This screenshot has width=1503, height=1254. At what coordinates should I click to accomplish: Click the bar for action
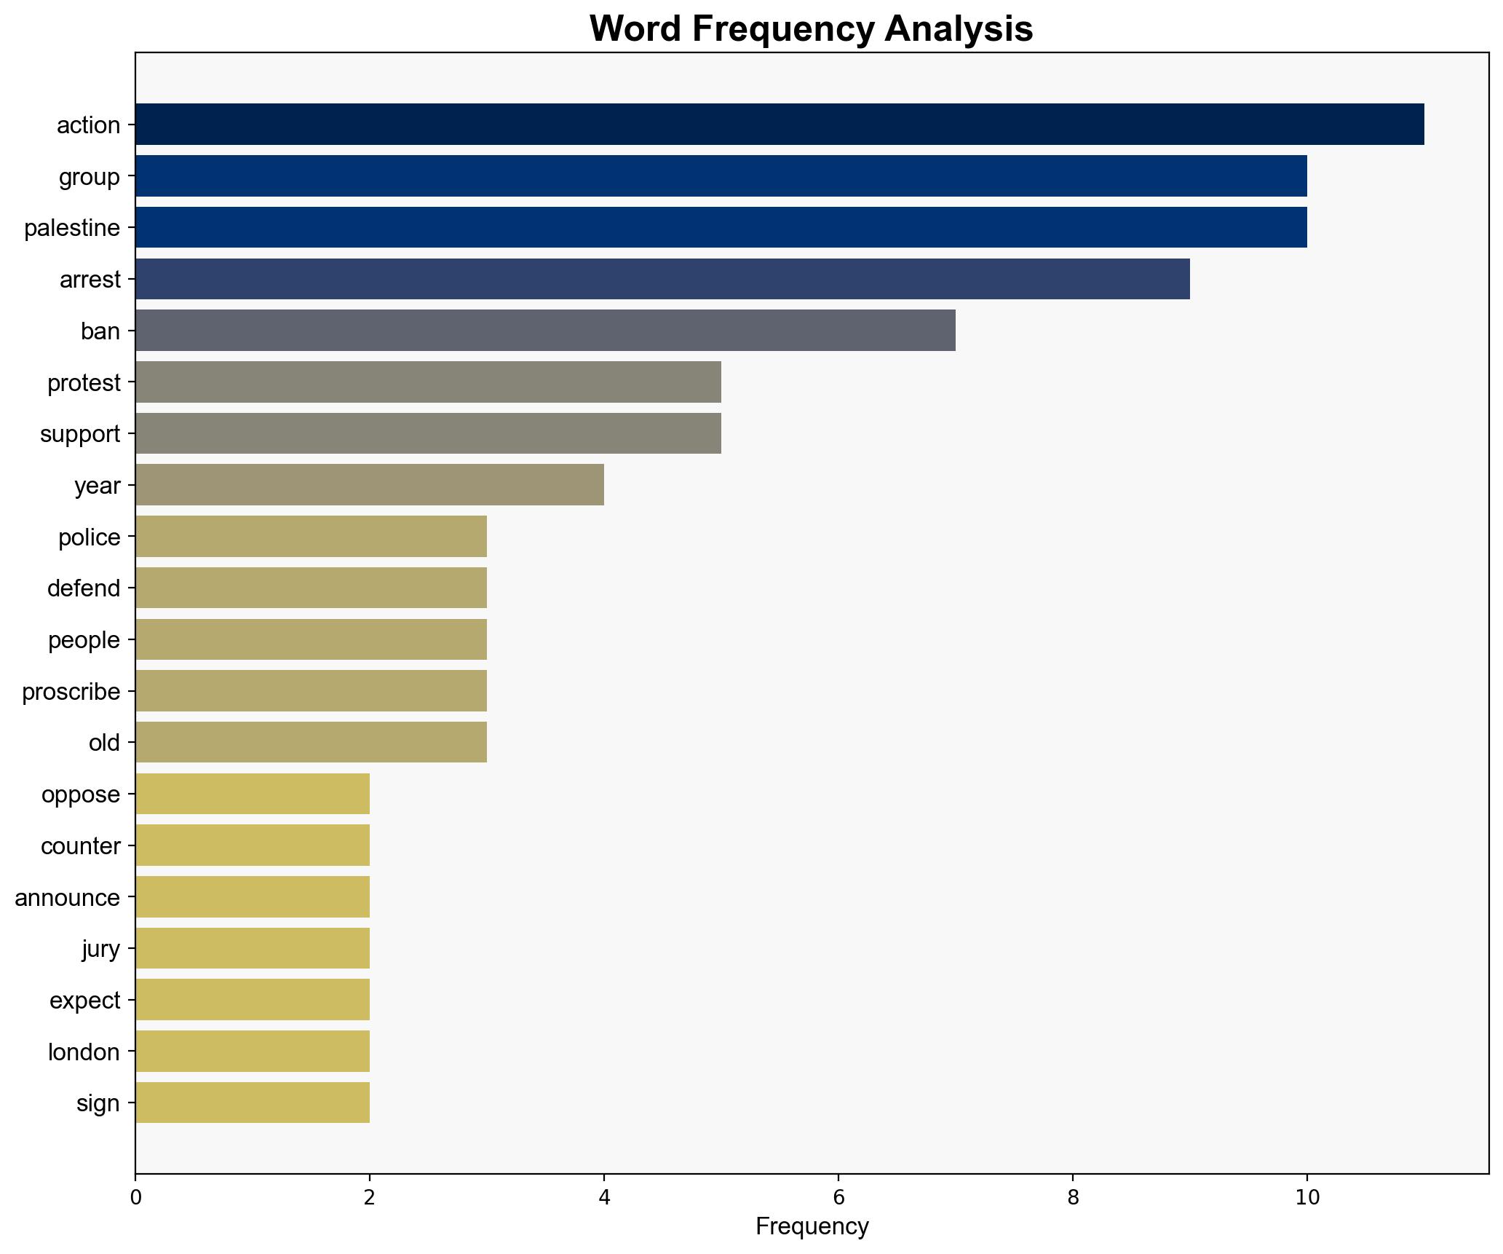[x=779, y=125]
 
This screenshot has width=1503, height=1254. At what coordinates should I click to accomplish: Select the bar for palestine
[x=721, y=227]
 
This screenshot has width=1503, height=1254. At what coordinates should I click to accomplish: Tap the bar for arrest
[x=662, y=279]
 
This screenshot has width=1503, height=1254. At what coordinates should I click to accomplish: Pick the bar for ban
[x=545, y=331]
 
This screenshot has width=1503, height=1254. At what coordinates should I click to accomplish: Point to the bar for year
[x=369, y=485]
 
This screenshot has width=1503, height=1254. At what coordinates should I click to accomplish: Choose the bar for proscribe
[x=311, y=691]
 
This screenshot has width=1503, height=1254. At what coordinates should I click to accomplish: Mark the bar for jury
[x=252, y=948]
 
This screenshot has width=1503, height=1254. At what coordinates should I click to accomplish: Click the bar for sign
[x=252, y=1103]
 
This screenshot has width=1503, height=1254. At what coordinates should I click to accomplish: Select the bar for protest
[x=428, y=382]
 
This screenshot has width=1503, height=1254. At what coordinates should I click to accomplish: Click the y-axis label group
[x=90, y=177]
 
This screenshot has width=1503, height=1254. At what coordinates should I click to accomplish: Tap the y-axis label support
[x=80, y=434]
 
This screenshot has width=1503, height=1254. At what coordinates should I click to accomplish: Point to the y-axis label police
[x=90, y=537]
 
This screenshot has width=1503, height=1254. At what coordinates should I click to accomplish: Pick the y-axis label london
[x=84, y=1052]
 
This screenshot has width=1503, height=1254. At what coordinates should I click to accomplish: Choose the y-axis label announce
[x=67, y=898]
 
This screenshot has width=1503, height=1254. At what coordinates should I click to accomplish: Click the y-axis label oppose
[x=81, y=794]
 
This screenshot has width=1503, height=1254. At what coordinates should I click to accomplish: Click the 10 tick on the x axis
[x=1307, y=1197]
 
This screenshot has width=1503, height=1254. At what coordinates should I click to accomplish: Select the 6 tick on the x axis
[x=838, y=1197]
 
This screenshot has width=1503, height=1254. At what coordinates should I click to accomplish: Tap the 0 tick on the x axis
[x=135, y=1197]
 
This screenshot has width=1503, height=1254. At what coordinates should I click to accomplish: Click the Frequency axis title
[x=812, y=1227]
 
